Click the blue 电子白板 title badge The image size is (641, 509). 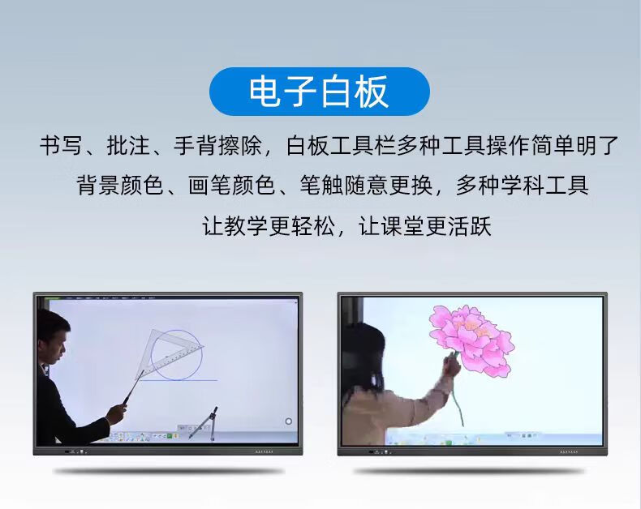point(319,92)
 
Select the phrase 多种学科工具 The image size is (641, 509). point(522,185)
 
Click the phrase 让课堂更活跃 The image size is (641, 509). point(425,225)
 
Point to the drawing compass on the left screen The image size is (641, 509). point(205,421)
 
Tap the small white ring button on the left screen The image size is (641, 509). point(288,421)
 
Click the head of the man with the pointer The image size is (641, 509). point(53,332)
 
